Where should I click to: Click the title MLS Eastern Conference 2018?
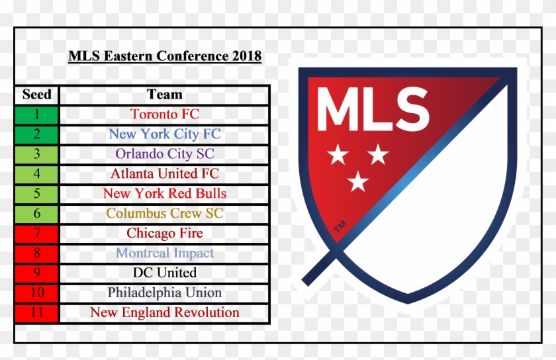[x=165, y=56]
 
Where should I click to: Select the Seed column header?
[x=37, y=95]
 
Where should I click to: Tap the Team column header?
[x=165, y=95]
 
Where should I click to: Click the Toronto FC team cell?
[x=165, y=114]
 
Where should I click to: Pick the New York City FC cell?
[x=165, y=134]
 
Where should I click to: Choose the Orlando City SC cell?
[x=165, y=154]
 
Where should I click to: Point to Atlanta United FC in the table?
[x=165, y=174]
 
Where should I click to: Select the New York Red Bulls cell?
[x=165, y=194]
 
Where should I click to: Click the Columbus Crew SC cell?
[x=165, y=214]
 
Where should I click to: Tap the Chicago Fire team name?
[x=165, y=234]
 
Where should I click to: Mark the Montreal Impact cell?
[x=165, y=253]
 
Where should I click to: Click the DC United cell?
[x=165, y=273]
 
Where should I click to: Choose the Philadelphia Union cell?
[x=165, y=293]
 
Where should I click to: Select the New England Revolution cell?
[x=165, y=313]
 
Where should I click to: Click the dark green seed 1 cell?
[x=36, y=115]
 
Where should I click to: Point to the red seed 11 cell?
[x=36, y=313]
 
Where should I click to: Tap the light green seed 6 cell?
[x=36, y=214]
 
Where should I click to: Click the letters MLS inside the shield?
[x=373, y=109]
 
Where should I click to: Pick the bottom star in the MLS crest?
[x=358, y=181]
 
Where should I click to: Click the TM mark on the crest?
[x=340, y=226]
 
